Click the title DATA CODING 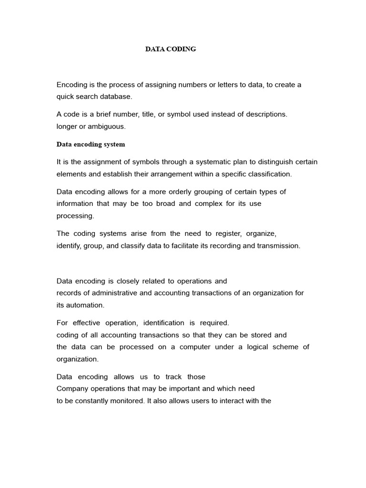(x=171, y=49)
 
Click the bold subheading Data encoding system (x=91, y=144)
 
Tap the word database (x=114, y=97)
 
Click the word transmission (x=279, y=245)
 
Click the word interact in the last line (x=233, y=401)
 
